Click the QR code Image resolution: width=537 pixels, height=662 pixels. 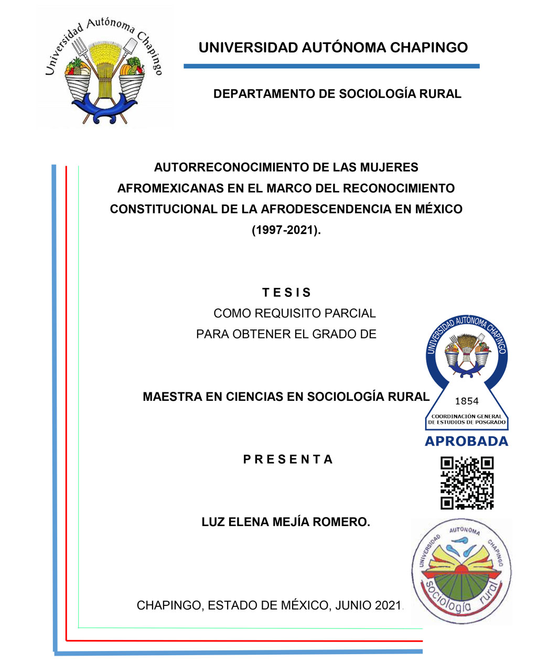(x=467, y=483)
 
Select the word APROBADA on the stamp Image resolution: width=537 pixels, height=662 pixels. (x=466, y=442)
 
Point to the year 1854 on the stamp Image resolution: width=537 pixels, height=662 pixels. (x=466, y=401)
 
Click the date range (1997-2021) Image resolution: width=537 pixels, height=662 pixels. (x=286, y=230)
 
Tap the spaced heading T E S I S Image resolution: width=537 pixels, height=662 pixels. (x=286, y=293)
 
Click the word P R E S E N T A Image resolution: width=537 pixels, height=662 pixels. (x=288, y=460)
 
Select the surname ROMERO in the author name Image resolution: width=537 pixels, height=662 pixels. (x=341, y=522)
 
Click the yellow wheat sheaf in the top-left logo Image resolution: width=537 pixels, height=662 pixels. (x=105, y=66)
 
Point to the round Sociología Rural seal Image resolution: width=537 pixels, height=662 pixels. (x=460, y=572)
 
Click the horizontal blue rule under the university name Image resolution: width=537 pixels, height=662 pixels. (x=331, y=67)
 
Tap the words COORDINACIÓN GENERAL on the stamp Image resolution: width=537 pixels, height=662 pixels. (x=466, y=417)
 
